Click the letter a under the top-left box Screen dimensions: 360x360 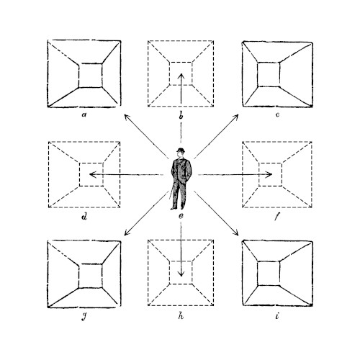click(x=84, y=114)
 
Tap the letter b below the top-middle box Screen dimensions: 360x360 click(x=181, y=115)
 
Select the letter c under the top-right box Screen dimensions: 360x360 click(x=277, y=114)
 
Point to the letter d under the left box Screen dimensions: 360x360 click(x=84, y=217)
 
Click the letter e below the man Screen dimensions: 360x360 click(x=181, y=216)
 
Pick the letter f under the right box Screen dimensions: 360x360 click(x=277, y=217)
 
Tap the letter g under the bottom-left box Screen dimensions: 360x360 click(x=84, y=318)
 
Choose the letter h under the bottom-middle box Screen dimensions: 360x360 click(x=181, y=316)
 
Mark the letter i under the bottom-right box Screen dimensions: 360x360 click(x=277, y=316)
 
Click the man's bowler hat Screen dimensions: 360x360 click(x=181, y=150)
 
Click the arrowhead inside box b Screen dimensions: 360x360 click(x=181, y=76)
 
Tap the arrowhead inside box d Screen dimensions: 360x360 click(x=92, y=174)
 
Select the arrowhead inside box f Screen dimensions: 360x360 click(x=269, y=174)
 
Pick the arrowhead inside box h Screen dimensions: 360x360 click(x=181, y=274)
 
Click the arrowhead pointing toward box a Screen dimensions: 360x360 click(x=127, y=117)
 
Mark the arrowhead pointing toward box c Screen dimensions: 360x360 click(x=235, y=117)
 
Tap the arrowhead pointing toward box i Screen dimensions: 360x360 click(x=235, y=233)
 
